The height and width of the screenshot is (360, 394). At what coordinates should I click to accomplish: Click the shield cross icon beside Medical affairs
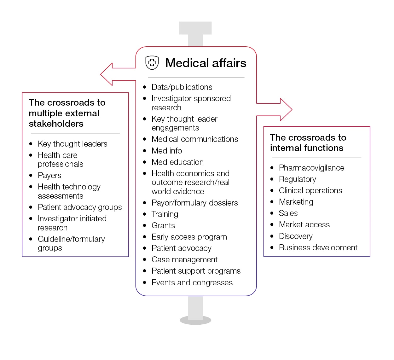152,62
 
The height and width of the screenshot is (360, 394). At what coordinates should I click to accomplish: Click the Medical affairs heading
206,63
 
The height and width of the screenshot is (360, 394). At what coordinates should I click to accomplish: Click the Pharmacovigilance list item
311,168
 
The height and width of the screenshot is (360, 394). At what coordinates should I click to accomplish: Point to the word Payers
49,175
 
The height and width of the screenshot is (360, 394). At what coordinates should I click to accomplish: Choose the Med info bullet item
166,151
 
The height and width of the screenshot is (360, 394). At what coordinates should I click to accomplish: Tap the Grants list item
163,225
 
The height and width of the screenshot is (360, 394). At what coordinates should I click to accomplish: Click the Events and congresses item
192,282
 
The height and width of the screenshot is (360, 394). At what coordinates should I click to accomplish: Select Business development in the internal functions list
318,247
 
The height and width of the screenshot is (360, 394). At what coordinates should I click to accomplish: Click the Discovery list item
296,236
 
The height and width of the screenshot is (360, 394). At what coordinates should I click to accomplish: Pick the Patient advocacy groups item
80,207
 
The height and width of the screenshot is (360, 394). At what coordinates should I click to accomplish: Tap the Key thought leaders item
72,144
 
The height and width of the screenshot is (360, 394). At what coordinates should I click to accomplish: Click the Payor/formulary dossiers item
194,203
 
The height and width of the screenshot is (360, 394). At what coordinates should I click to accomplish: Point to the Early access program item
189,237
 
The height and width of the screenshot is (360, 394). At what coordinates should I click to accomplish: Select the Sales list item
288,213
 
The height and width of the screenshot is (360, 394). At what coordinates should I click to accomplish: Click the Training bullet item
165,214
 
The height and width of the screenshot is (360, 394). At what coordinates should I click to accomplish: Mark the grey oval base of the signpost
195,320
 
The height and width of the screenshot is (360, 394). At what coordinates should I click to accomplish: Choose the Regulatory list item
297,179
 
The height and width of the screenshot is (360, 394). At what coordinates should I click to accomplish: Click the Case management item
184,259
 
